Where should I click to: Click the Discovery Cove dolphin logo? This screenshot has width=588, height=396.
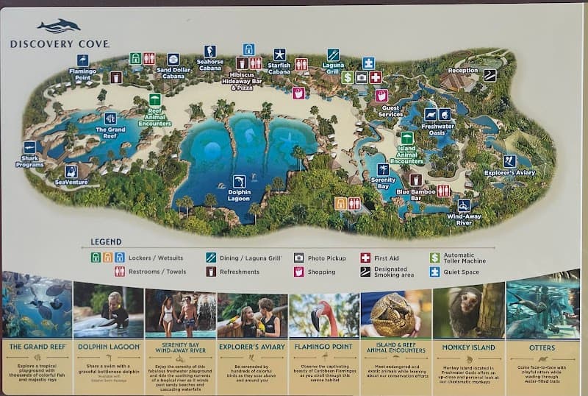(59, 26)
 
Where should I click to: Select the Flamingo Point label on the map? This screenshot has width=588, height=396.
(83, 74)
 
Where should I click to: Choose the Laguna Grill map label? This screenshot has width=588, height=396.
(332, 70)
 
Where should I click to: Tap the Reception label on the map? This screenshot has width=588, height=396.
(463, 71)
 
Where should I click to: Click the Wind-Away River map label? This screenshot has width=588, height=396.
(464, 219)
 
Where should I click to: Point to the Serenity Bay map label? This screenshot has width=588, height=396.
(383, 183)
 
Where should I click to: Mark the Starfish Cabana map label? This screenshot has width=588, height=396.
(279, 68)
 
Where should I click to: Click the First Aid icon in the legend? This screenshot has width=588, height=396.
(365, 258)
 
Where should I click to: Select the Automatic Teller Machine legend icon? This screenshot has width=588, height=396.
(435, 258)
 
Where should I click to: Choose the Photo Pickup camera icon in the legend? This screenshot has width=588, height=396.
(298, 258)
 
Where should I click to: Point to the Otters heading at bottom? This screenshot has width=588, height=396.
(542, 347)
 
